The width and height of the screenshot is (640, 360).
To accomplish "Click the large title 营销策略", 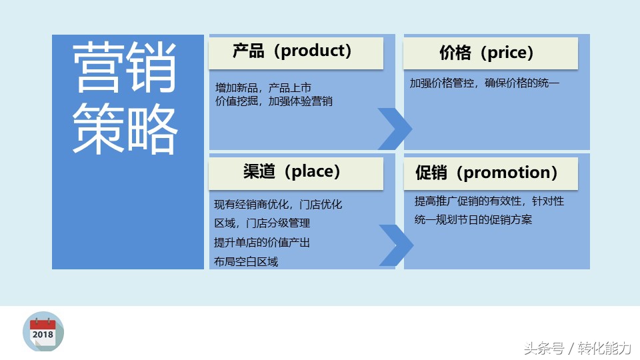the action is [125, 98].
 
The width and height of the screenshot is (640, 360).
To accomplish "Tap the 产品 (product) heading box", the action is [296, 53].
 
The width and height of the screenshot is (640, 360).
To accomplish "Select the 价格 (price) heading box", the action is [491, 53].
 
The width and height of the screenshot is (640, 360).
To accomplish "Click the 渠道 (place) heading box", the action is [296, 173].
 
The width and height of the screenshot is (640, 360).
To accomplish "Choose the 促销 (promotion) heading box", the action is [491, 173].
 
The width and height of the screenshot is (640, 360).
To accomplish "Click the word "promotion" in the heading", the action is [507, 173].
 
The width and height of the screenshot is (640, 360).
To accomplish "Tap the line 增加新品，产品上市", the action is [263, 87].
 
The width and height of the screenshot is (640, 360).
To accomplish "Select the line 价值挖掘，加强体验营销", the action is [274, 101].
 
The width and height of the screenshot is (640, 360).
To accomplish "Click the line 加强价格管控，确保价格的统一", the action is [485, 83].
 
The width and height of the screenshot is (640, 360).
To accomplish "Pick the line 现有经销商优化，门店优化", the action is [278, 204].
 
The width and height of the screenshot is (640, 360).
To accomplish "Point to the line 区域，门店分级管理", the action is [262, 223].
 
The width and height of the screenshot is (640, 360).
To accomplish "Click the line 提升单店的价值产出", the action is [262, 243].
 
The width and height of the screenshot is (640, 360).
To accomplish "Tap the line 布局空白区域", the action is [246, 261].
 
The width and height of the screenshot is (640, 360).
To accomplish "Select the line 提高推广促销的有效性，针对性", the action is [489, 201].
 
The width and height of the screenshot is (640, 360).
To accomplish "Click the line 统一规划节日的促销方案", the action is [473, 219].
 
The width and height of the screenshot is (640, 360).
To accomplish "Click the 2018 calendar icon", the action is [43, 331].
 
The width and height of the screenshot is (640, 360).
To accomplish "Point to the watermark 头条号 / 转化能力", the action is [577, 348].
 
